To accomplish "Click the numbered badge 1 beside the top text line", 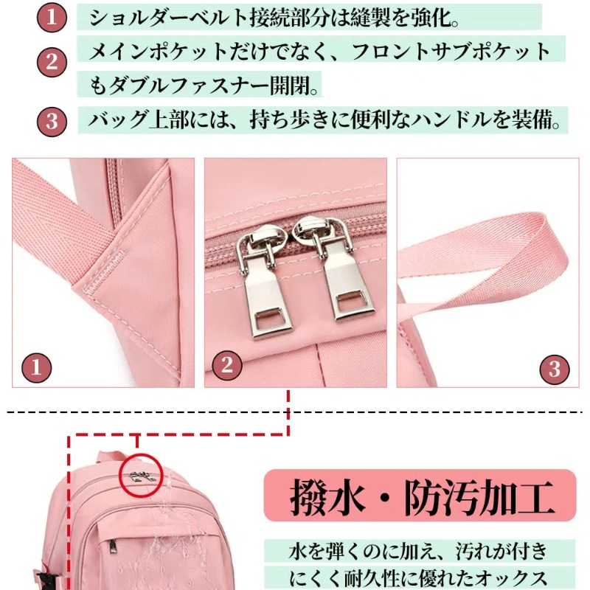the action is pyautogui.click(x=52, y=17).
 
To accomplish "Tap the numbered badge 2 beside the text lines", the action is pyautogui.click(x=52, y=62).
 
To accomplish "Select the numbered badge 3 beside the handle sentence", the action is pyautogui.click(x=52, y=122).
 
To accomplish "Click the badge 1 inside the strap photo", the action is pyautogui.click(x=36, y=367).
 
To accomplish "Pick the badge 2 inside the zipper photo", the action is pyautogui.click(x=227, y=365).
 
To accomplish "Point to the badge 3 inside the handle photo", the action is pyautogui.click(x=555, y=369).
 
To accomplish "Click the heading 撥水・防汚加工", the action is pyautogui.click(x=421, y=496).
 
